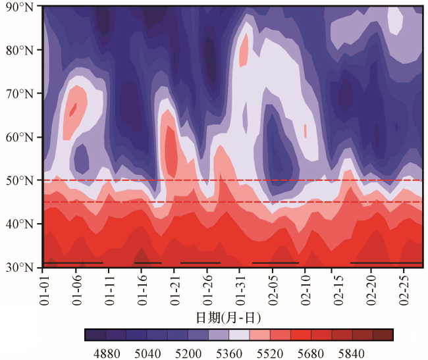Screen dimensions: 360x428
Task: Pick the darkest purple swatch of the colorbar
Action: click(95, 335)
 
